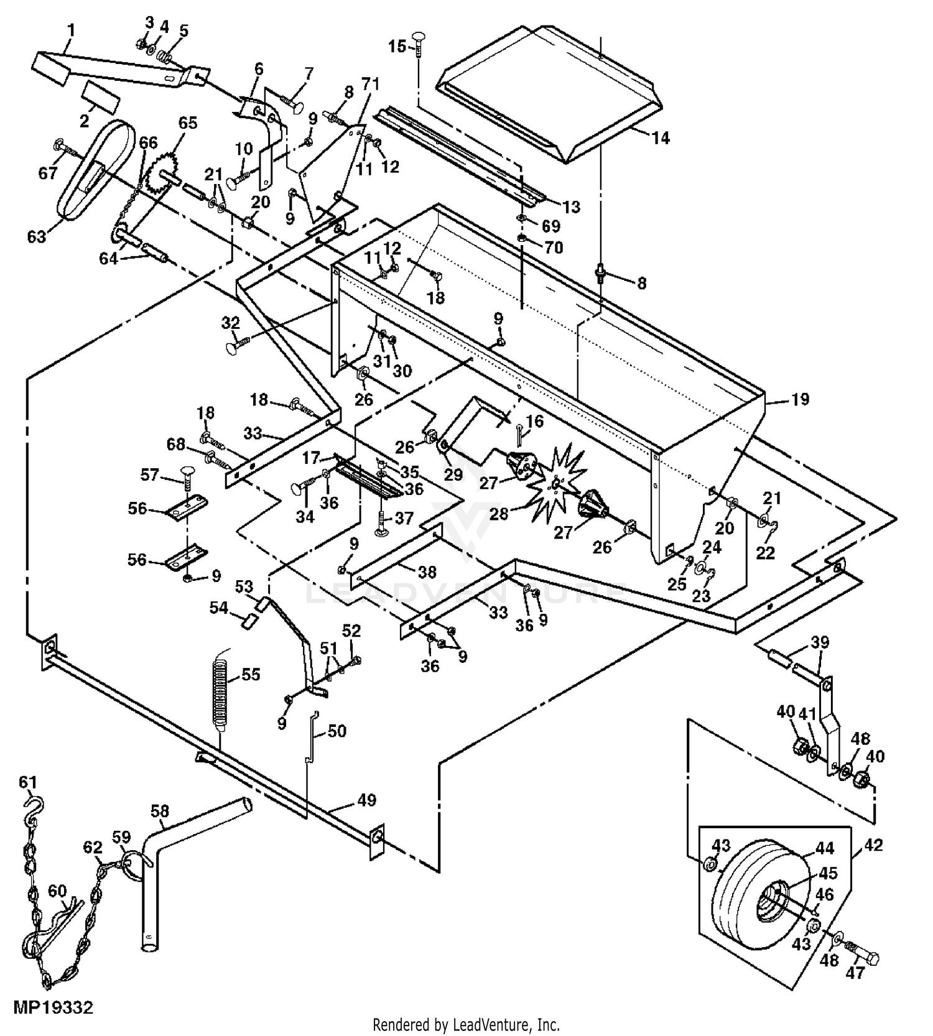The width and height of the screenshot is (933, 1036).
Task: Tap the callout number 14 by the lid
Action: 661,137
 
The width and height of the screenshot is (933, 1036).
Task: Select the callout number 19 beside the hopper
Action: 800,399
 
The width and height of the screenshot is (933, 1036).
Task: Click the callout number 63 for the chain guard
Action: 37,236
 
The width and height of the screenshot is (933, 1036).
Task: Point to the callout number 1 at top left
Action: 71,29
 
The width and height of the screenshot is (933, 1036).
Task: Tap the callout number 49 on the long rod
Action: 367,800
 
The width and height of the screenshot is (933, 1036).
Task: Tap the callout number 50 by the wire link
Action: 337,731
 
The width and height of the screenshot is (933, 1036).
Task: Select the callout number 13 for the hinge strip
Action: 571,206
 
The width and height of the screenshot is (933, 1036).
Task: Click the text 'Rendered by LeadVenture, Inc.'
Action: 466,1024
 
